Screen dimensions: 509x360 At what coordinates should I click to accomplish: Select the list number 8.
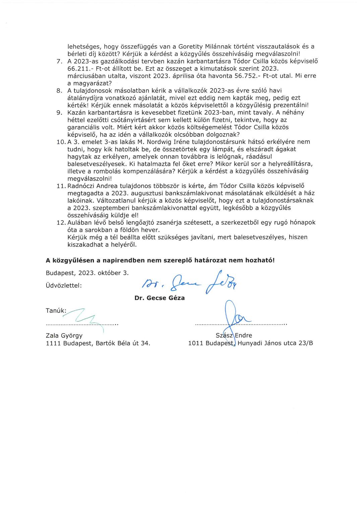pos(60,90)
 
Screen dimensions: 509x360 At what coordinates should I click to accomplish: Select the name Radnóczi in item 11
pos(82,186)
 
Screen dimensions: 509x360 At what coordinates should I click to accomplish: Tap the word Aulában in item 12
pos(79,222)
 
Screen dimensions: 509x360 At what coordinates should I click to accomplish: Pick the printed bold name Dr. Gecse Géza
pos(160,298)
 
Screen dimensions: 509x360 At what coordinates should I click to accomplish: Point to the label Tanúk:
pos(56,311)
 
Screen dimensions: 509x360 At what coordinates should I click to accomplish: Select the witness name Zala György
pos(64,336)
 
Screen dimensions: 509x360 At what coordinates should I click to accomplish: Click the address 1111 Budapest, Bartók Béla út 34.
pos(98,343)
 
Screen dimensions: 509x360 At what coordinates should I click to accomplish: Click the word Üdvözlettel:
pos(64,286)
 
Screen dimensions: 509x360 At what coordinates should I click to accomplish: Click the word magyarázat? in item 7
pos(90,83)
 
